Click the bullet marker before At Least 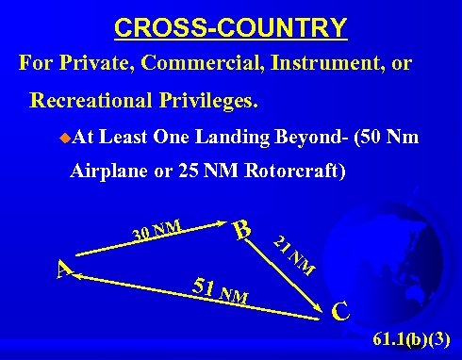click(x=63, y=137)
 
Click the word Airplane click(x=109, y=172)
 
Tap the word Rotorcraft click(x=290, y=172)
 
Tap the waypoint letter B click(x=242, y=229)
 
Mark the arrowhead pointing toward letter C click(x=322, y=308)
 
